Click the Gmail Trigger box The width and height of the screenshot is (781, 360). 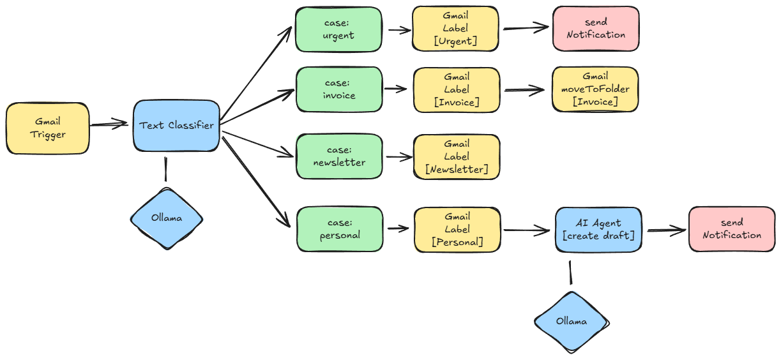[48, 129]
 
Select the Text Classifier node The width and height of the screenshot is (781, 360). [176, 126]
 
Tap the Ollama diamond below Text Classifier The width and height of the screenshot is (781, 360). [167, 218]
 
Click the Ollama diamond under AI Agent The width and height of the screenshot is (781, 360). [571, 321]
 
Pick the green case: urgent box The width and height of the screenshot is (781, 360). [338, 29]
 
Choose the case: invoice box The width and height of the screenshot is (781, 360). [339, 89]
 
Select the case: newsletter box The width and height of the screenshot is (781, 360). [339, 156]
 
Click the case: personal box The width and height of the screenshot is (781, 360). [340, 229]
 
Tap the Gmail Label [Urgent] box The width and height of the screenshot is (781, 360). [455, 29]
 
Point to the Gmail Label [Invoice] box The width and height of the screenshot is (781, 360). [457, 89]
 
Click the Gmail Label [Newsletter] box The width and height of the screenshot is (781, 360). [457, 156]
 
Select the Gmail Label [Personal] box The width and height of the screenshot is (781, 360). [457, 229]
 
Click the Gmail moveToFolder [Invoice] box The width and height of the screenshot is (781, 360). [595, 89]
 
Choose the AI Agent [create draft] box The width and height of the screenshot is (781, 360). [598, 229]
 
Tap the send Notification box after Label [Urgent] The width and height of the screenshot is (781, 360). [595, 29]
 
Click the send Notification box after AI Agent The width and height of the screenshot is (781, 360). [731, 229]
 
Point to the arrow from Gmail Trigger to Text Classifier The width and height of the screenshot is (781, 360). [110, 125]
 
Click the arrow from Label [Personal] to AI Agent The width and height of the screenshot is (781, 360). [527, 230]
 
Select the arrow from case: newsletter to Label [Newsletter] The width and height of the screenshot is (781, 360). [398, 156]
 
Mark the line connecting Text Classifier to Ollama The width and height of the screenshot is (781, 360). [166, 170]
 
